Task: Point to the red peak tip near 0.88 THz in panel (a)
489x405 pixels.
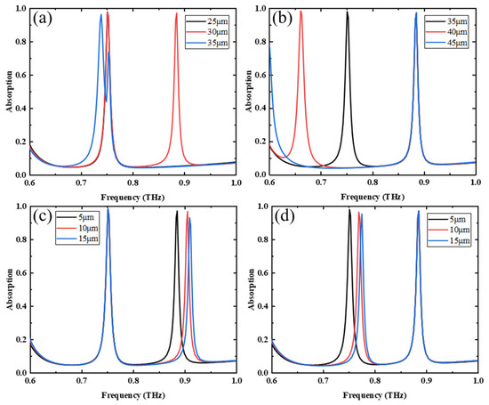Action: pos(176,14)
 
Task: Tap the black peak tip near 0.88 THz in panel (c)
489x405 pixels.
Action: pos(176,211)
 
